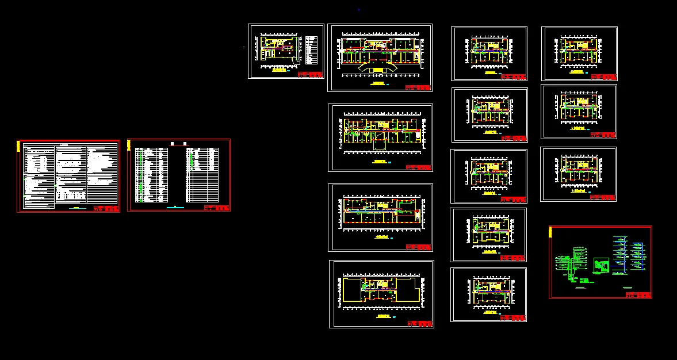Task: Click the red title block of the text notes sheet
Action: pyautogui.click(x=105, y=208)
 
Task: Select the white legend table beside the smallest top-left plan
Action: pyautogui.click(x=312, y=51)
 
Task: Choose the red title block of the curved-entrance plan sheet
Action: pyautogui.click(x=418, y=87)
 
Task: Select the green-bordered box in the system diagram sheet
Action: pyautogui.click(x=601, y=266)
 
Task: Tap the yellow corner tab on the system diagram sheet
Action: pyautogui.click(x=551, y=232)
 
